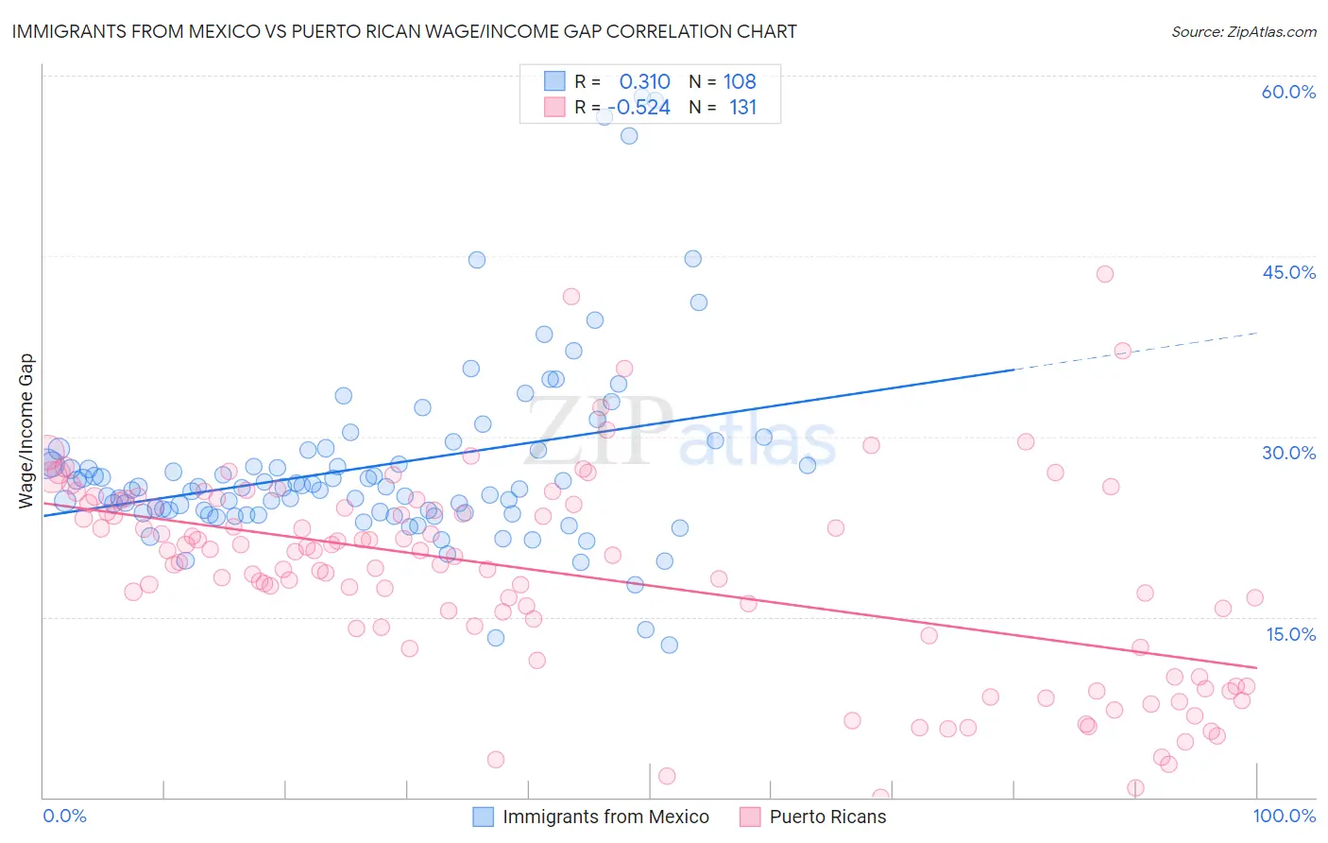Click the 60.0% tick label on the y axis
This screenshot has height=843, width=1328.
1288,92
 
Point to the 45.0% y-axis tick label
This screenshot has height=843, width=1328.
1288,272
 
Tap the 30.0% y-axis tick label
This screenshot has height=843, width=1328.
1288,453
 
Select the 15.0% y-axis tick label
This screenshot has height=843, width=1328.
1290,634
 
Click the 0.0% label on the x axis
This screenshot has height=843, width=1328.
64,816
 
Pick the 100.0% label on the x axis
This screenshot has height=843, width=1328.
1285,816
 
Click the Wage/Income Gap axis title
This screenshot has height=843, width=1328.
26,431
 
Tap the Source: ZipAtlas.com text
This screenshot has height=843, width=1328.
1243,31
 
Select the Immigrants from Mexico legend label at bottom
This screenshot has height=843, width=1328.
605,817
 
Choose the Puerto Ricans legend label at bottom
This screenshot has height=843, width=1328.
827,817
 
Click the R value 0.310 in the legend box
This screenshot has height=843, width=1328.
644,81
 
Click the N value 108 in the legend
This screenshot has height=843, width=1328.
740,81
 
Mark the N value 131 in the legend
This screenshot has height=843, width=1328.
742,107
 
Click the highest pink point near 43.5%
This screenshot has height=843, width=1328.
1104,274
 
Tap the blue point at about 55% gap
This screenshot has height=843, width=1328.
629,136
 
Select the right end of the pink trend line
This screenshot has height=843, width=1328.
1255,667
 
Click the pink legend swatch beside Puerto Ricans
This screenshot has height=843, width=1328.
750,817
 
